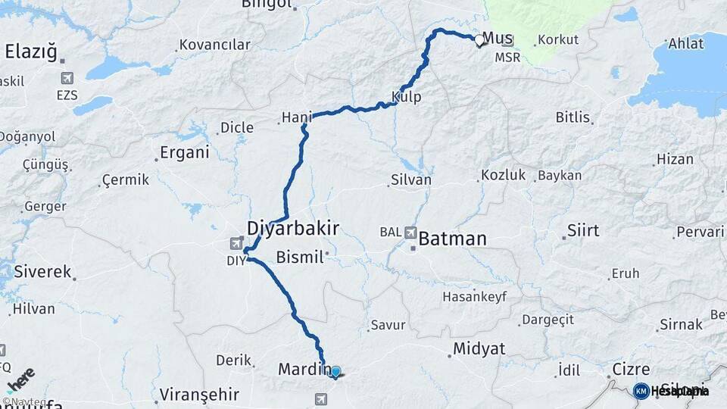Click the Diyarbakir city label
tap(292, 228)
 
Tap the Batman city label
tap(452, 239)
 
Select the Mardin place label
tap(301, 370)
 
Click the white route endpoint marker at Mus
tap(479, 42)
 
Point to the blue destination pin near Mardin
tap(335, 372)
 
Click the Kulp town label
tap(407, 97)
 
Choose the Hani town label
tap(297, 117)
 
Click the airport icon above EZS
tap(67, 79)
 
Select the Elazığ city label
tap(31, 52)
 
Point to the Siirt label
tap(582, 230)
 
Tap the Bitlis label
tap(573, 117)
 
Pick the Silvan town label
tap(411, 180)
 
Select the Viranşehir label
tap(200, 395)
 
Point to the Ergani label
tap(184, 152)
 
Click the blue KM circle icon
tap(641, 391)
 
